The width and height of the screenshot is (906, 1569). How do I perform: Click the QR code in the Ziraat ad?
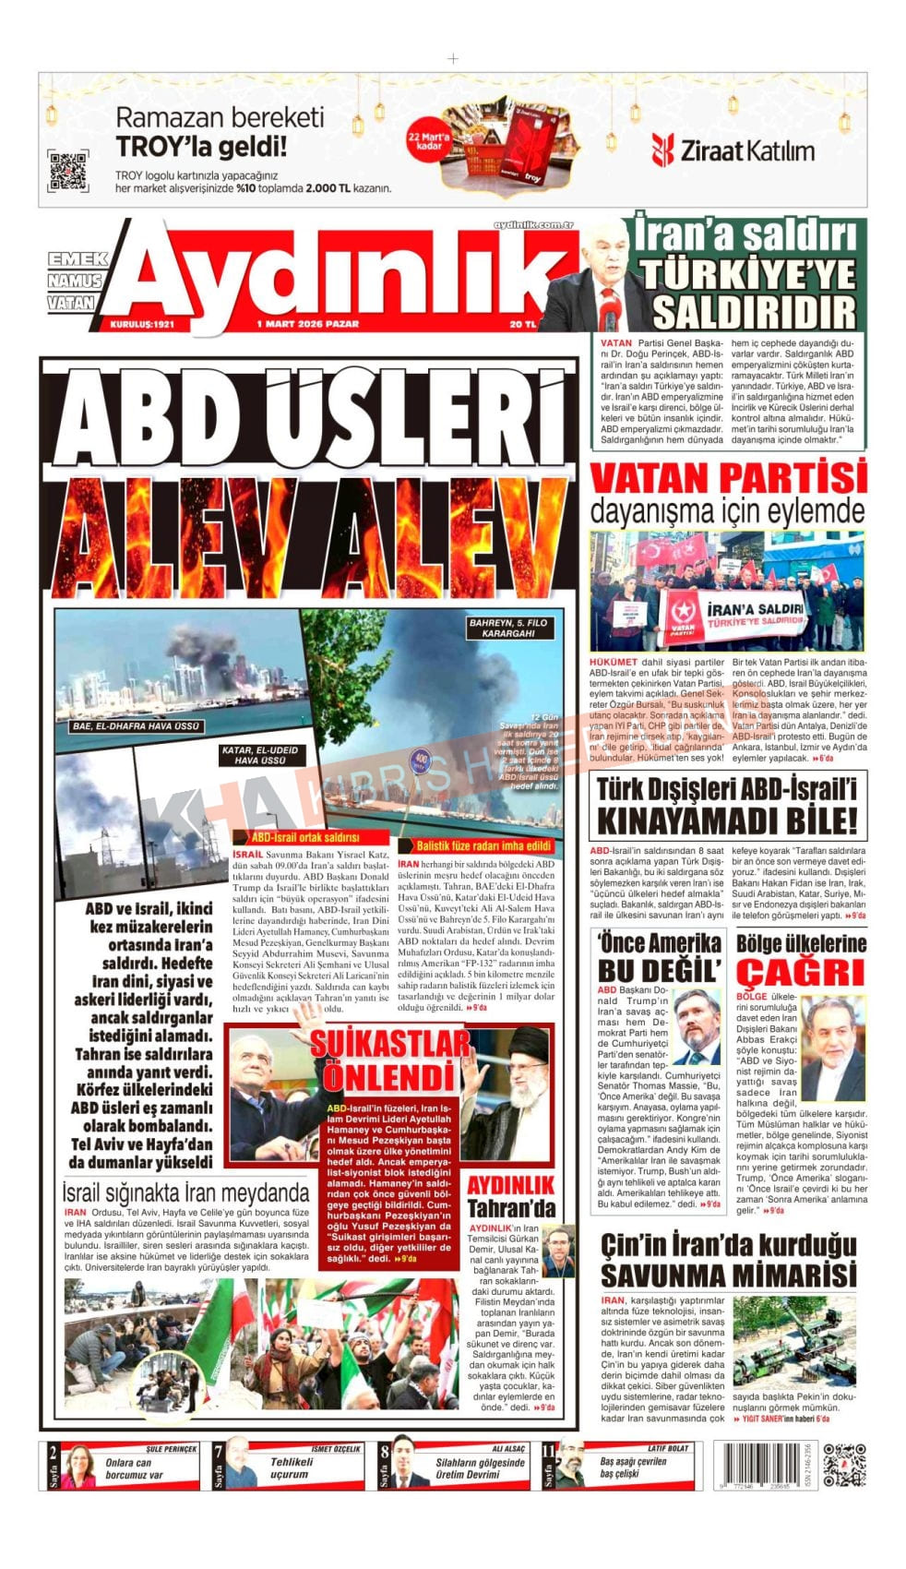pyautogui.click(x=67, y=171)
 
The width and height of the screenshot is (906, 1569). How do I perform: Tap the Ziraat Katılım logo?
pyautogui.click(x=733, y=150)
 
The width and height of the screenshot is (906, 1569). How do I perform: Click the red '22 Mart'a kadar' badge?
pyautogui.click(x=428, y=140)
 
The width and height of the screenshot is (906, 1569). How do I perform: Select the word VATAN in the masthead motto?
pyautogui.click(x=72, y=302)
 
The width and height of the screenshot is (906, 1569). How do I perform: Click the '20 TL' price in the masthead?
pyautogui.click(x=522, y=324)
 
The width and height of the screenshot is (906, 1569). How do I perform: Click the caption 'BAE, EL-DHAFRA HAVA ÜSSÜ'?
pyautogui.click(x=136, y=726)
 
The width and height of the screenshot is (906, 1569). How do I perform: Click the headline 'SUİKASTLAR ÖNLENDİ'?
pyautogui.click(x=389, y=1060)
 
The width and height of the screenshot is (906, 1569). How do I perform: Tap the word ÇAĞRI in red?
pyautogui.click(x=800, y=972)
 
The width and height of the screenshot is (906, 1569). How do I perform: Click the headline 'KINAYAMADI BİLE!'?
pyautogui.click(x=727, y=820)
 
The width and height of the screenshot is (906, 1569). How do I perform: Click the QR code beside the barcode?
pyautogui.click(x=844, y=1465)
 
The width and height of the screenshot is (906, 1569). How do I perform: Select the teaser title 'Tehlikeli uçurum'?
pyautogui.click(x=291, y=1468)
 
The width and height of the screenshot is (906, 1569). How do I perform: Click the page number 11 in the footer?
pyautogui.click(x=549, y=1452)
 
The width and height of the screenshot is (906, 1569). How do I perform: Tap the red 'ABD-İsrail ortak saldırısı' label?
pyautogui.click(x=305, y=838)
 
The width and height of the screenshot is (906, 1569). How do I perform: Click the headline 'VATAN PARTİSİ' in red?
pyautogui.click(x=728, y=478)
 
